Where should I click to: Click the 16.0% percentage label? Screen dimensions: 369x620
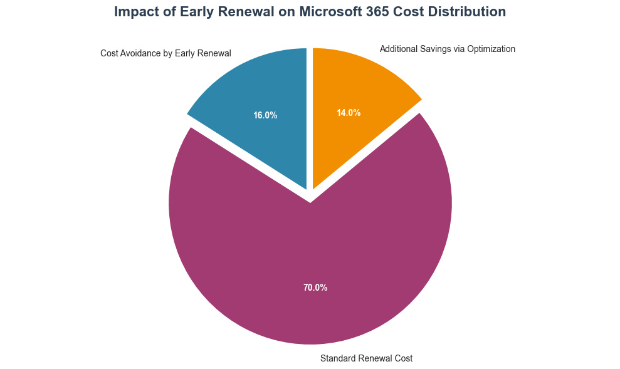(x=265, y=115)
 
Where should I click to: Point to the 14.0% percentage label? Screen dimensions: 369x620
(x=349, y=113)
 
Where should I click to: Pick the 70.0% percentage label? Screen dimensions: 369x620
(x=315, y=288)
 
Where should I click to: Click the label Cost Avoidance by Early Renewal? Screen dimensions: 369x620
(x=166, y=53)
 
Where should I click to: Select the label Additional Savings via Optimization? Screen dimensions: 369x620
(x=448, y=49)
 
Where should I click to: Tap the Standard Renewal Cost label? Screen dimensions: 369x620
(x=366, y=358)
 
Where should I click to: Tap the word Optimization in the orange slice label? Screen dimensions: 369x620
(x=491, y=49)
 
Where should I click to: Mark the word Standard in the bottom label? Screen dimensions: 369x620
(x=337, y=358)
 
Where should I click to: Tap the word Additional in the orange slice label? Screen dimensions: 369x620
(x=399, y=49)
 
